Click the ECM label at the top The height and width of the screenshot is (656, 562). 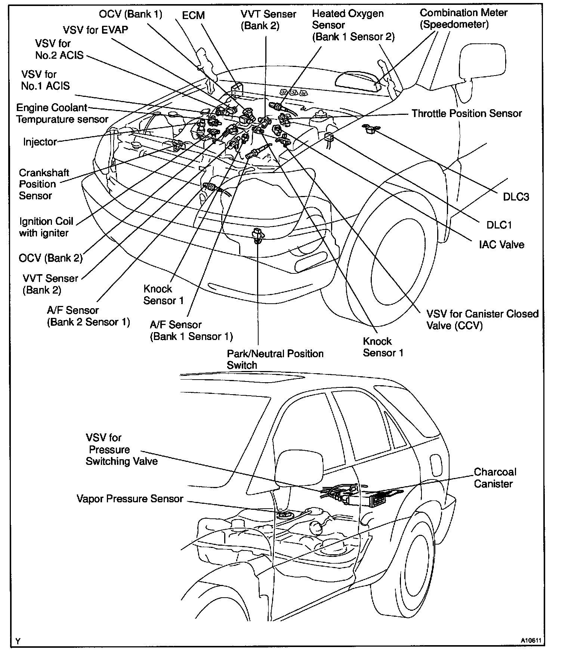[193, 15]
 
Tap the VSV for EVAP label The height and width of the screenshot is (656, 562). [96, 30]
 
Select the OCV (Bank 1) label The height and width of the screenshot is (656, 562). [131, 14]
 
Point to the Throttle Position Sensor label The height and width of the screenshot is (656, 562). [466, 114]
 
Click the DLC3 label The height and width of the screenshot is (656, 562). [516, 197]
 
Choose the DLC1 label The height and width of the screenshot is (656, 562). [499, 225]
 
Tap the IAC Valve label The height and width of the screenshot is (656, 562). [501, 245]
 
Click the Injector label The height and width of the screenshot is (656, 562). [40, 142]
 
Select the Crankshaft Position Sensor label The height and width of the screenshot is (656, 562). [44, 184]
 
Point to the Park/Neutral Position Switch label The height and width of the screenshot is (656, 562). [275, 359]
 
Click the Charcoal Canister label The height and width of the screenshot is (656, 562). [495, 478]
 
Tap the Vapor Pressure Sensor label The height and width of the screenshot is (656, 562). [130, 499]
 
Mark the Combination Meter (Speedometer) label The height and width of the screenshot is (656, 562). [463, 18]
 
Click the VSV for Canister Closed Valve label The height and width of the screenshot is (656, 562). [482, 319]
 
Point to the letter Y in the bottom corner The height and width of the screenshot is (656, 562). [18, 641]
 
